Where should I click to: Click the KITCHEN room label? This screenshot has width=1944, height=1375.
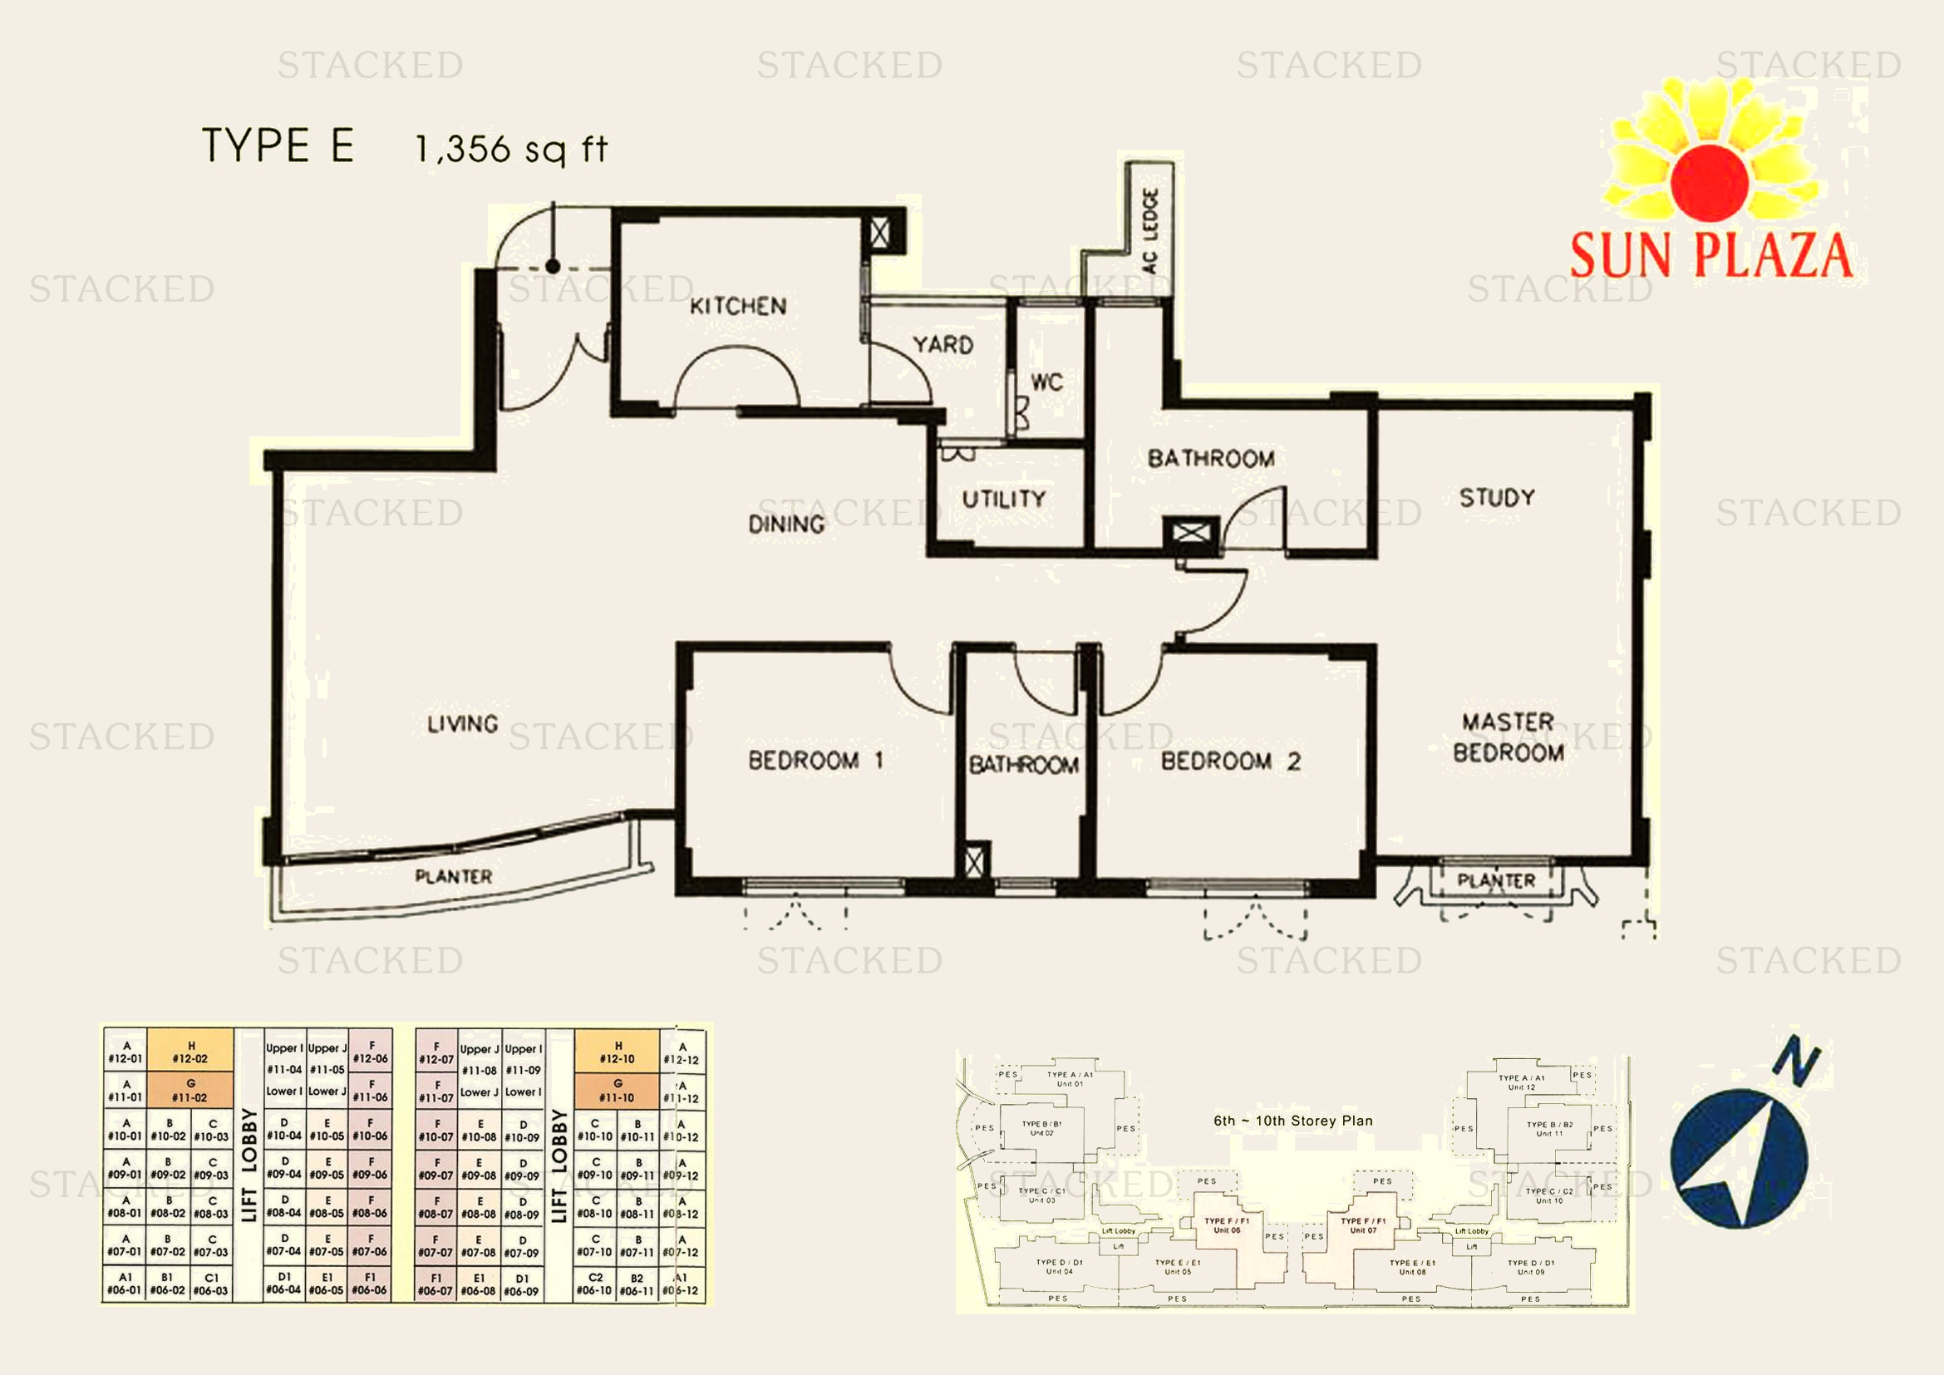(737, 306)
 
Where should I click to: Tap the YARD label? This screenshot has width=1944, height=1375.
(942, 345)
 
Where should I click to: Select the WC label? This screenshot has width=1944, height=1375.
(1046, 382)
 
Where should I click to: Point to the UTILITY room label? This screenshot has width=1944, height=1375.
(1004, 499)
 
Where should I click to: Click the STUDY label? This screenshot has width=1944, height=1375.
(1497, 497)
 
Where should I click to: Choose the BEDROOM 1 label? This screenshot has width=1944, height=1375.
(815, 760)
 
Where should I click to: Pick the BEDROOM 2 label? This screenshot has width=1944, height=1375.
(1230, 761)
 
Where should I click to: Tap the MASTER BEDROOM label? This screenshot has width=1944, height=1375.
(1508, 737)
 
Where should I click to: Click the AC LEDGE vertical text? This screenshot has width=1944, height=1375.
(1149, 230)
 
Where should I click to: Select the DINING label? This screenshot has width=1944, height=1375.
(785, 524)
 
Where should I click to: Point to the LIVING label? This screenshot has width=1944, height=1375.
(462, 724)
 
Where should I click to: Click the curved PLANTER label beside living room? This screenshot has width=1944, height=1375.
(453, 876)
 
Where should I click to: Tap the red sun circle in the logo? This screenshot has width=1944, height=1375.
(1710, 183)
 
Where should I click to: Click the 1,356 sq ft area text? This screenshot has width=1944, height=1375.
(511, 149)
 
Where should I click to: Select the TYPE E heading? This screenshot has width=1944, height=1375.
(278, 145)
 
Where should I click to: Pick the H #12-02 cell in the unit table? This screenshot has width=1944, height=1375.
(190, 1052)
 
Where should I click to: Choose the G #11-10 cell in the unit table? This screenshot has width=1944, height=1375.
(618, 1091)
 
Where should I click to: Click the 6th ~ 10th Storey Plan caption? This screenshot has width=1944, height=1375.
(1293, 1121)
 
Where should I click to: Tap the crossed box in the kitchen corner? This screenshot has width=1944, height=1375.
(879, 233)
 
